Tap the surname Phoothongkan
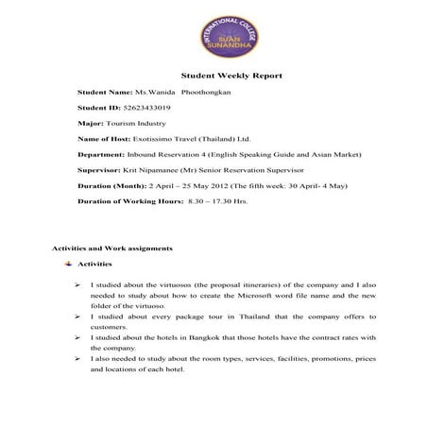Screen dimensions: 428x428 pyautogui.click(x=208, y=94)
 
